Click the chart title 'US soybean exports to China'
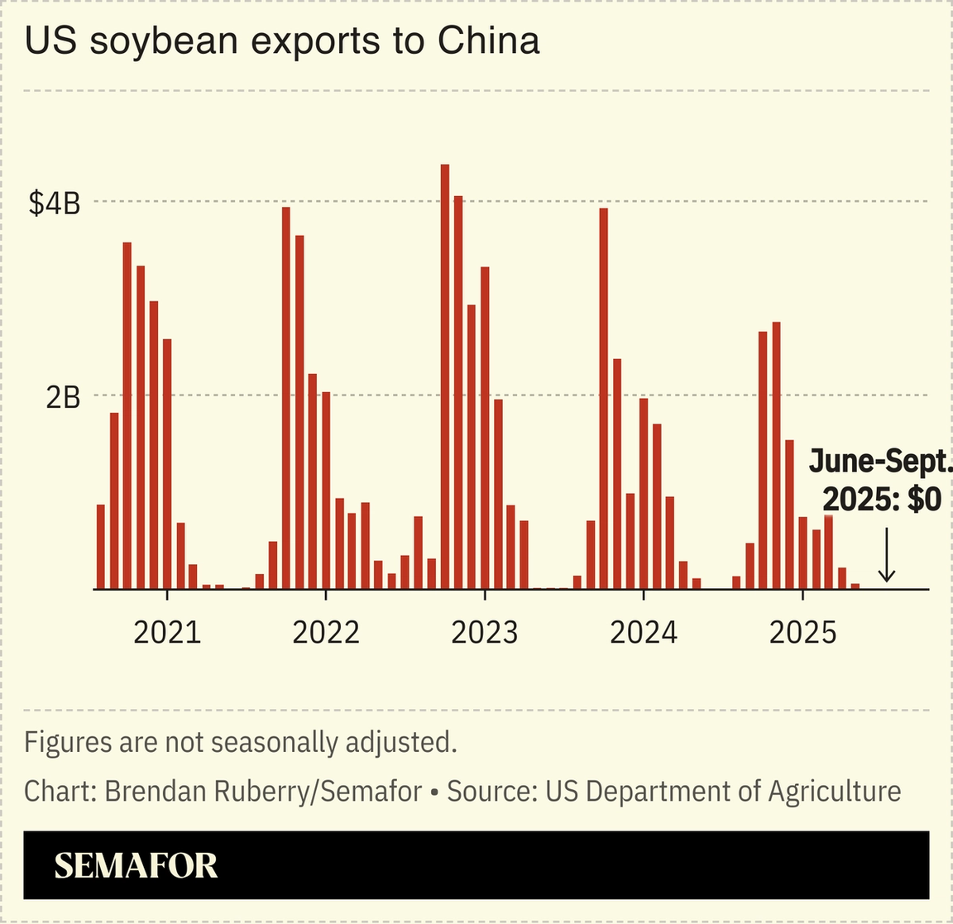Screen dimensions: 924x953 [282, 41]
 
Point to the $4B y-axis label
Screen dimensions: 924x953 [55, 203]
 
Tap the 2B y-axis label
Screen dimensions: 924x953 [63, 398]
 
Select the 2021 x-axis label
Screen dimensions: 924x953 [167, 633]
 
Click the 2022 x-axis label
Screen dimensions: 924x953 [326, 633]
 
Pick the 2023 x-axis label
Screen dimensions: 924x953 [485, 633]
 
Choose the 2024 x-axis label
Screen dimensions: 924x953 [644, 633]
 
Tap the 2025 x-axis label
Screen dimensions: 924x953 [802, 633]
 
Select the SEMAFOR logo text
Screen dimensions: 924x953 [136, 865]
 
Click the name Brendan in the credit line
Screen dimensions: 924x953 [156, 792]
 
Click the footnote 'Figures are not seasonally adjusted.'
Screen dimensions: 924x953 [241, 742]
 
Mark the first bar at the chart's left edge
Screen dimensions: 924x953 [101, 546]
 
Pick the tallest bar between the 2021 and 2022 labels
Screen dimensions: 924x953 [286, 398]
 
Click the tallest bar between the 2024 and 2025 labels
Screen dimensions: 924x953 [776, 455]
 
